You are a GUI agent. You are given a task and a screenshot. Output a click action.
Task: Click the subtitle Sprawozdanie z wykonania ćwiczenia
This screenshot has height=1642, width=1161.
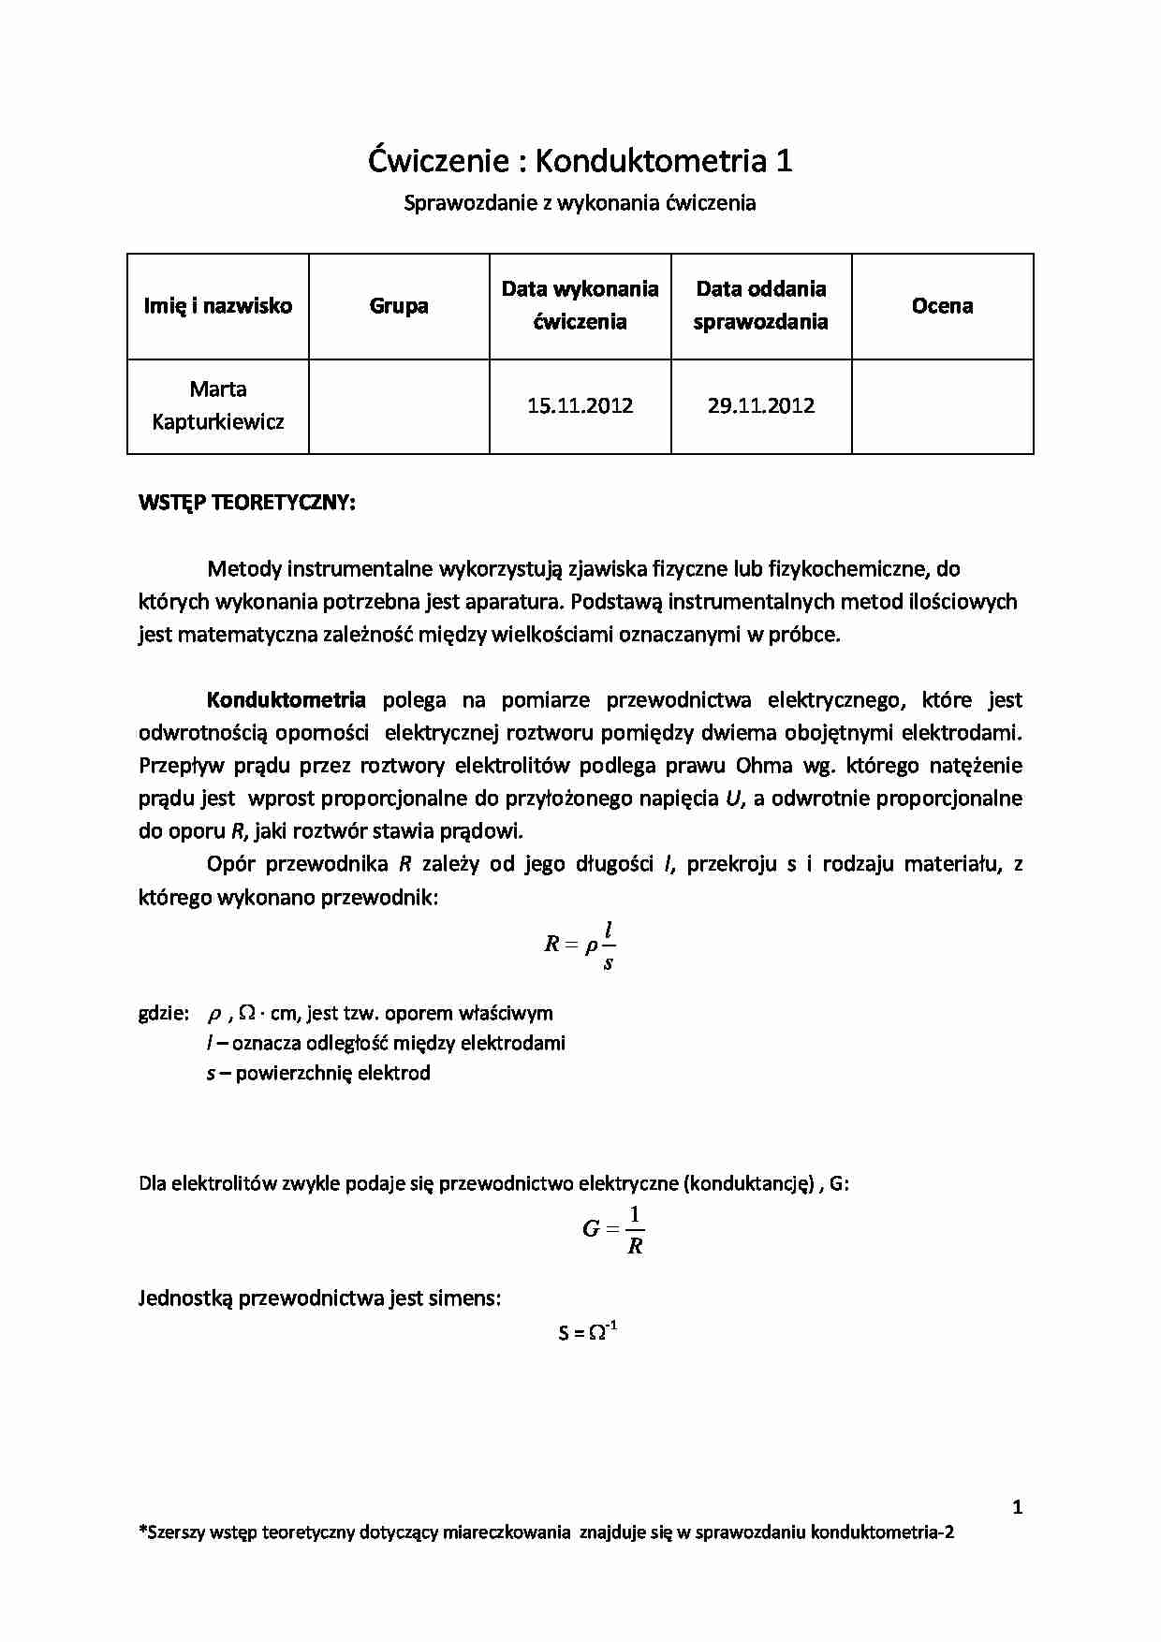click(x=580, y=202)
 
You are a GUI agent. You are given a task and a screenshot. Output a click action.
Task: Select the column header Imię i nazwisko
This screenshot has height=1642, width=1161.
click(x=217, y=306)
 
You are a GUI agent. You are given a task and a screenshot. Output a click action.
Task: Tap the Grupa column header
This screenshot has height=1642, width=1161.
click(x=399, y=306)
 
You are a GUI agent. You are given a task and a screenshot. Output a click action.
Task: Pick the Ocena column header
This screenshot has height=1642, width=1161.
click(x=942, y=306)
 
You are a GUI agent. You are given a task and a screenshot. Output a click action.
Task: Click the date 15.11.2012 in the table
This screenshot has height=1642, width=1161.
click(x=580, y=406)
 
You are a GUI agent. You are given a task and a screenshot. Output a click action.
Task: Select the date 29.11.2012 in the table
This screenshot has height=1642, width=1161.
click(x=761, y=406)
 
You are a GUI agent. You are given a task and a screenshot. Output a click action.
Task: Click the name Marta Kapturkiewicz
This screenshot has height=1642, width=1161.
click(x=217, y=405)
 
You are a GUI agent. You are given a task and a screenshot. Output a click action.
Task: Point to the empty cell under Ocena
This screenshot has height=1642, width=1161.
click(x=942, y=406)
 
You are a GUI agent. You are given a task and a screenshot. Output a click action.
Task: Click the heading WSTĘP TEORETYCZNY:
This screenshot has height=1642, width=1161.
click(x=246, y=503)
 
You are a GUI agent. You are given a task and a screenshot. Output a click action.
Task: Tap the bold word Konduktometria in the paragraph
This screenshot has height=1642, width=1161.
click(x=287, y=700)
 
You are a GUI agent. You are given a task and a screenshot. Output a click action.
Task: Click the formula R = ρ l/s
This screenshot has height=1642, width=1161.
click(x=580, y=945)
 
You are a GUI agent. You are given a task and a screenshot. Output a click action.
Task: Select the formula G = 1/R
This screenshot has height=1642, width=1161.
click(x=613, y=1230)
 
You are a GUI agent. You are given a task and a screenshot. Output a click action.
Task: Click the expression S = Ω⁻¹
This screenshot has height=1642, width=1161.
click(x=587, y=1331)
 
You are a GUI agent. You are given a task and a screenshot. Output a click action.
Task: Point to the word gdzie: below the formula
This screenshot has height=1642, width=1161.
click(x=164, y=1013)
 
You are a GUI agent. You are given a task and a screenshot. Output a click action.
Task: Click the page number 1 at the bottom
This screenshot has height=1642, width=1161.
click(x=1018, y=1507)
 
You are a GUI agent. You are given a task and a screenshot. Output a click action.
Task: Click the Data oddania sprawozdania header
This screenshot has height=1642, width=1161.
click(x=761, y=305)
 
